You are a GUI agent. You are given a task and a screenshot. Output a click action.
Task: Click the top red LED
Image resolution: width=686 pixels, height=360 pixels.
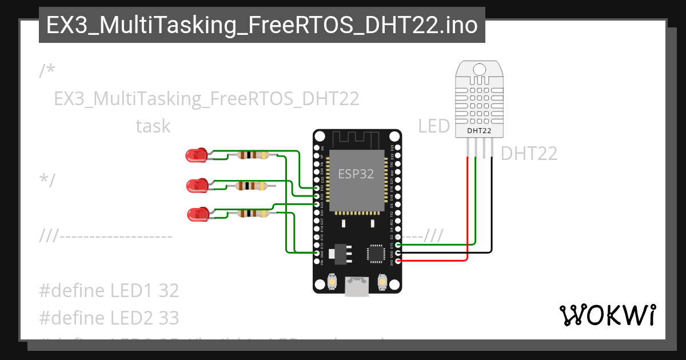point(196,155)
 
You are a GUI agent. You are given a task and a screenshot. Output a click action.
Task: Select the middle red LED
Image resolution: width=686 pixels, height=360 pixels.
point(197,185)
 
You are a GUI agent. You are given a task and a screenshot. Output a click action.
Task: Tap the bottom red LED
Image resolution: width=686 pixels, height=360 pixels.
point(198,214)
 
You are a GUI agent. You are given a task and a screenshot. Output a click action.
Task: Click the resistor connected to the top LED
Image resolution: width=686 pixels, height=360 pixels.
point(252,154)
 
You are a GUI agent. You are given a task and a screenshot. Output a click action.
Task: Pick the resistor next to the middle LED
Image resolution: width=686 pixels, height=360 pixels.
point(251,185)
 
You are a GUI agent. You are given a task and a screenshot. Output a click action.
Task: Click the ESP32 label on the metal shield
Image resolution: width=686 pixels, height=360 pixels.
point(356,174)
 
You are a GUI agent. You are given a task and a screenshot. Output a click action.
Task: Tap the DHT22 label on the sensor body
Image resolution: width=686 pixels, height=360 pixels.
point(479,131)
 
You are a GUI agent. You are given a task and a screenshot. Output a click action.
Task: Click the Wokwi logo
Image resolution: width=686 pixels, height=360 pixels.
point(607,315)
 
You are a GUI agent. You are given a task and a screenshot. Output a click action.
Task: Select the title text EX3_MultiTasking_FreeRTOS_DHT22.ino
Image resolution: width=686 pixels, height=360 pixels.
point(262,26)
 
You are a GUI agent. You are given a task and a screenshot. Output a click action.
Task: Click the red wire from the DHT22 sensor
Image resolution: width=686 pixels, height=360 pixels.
point(468,211)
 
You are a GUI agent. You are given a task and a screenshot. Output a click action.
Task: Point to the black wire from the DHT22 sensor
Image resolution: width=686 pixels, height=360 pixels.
point(491,211)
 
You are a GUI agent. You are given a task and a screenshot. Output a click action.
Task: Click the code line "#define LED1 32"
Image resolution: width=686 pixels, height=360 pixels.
point(109,290)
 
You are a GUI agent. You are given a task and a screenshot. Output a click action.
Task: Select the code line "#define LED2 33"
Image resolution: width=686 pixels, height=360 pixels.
point(109,317)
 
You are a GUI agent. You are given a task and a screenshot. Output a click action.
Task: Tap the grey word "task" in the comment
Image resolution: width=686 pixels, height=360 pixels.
point(153,126)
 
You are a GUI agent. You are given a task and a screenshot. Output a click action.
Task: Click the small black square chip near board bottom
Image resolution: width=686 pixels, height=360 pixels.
point(376,253)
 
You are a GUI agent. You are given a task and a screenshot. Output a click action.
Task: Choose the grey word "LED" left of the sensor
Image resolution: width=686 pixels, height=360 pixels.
point(434,126)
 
